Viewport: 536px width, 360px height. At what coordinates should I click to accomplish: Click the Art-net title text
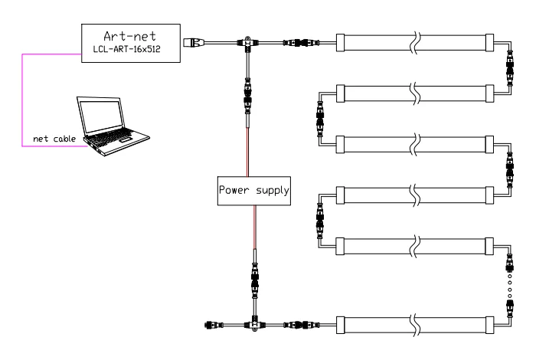tap(130, 36)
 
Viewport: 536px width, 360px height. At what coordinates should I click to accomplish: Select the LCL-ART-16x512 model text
tap(127, 49)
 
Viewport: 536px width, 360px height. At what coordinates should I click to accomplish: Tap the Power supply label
tap(254, 190)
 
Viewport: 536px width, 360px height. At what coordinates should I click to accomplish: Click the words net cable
tap(54, 139)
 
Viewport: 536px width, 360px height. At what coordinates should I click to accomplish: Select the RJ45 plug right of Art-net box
tap(194, 43)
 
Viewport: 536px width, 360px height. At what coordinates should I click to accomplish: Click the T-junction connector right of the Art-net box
tap(247, 44)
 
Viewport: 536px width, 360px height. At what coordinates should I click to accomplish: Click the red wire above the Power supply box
tap(247, 152)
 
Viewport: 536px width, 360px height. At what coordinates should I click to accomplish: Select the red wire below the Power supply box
tap(255, 227)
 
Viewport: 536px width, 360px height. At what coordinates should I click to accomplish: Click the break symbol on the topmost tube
tap(417, 43)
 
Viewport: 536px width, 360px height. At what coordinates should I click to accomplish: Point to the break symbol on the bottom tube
tap(416, 325)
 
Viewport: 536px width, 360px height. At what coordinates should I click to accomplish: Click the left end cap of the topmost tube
tap(340, 43)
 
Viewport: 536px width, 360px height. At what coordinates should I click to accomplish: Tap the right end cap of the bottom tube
tap(489, 325)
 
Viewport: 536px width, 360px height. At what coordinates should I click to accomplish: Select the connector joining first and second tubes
tap(510, 67)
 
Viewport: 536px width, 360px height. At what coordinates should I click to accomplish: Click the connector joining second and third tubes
tap(320, 119)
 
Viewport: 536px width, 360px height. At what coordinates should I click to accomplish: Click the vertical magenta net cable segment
tap(22, 100)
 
